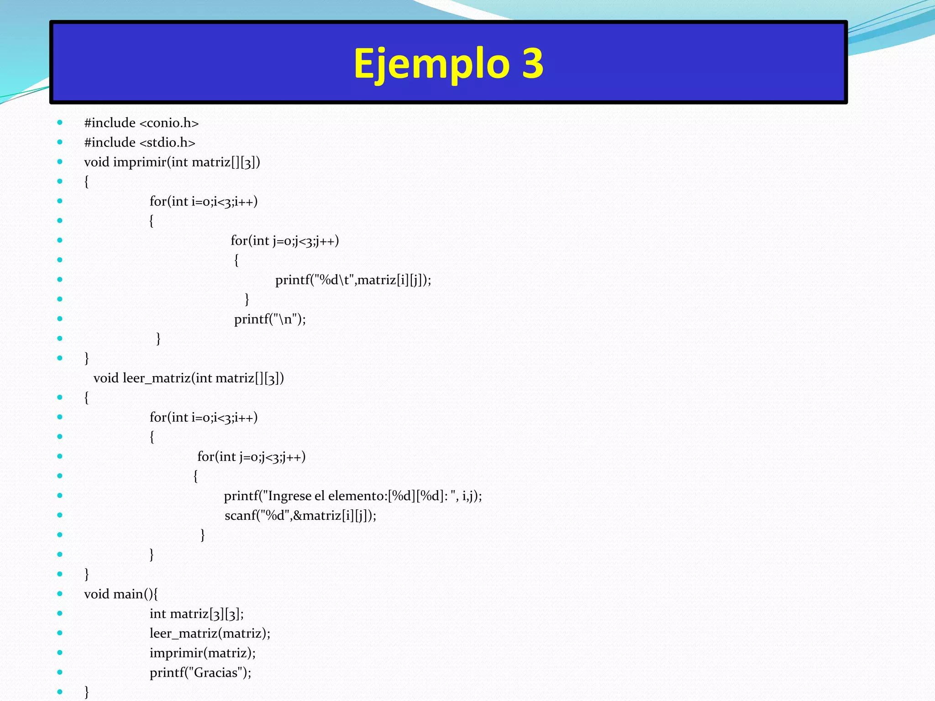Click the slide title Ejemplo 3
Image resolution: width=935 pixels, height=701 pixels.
pos(448,63)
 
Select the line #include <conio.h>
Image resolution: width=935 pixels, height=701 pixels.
pos(142,123)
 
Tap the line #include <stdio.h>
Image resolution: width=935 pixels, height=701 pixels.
pos(140,142)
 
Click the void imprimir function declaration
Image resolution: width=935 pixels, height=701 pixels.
pos(172,162)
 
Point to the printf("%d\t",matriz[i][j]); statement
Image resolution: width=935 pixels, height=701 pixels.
pos(353,280)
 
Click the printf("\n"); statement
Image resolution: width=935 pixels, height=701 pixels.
pos(270,319)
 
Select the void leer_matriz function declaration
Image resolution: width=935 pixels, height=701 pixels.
pos(189,378)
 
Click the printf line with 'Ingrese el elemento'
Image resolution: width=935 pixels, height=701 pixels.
pos(353,496)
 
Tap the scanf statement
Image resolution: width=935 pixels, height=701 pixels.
pos(300,515)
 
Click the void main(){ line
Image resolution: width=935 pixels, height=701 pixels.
pos(121,594)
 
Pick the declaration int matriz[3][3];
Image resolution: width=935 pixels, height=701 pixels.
pos(197,613)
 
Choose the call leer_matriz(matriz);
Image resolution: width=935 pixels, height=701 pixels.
pos(210,633)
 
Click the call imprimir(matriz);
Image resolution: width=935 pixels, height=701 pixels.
pos(203,653)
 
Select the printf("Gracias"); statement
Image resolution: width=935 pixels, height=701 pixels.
pos(200,672)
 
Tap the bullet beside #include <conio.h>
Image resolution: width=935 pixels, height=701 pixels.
pos(60,122)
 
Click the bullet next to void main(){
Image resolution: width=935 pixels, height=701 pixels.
pos(60,593)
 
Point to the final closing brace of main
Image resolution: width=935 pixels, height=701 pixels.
pos(87,691)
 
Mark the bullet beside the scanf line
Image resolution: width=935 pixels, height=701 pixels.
pos(60,515)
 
